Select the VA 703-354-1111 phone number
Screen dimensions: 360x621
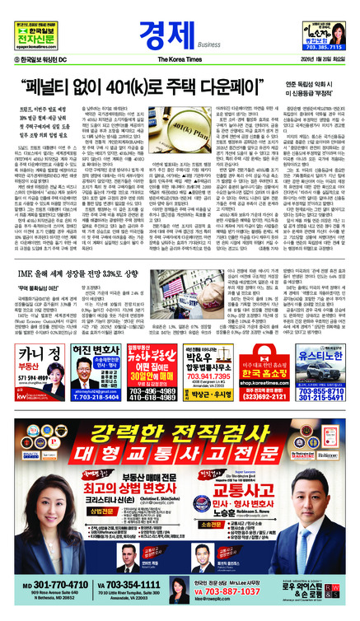[x=130, y=584]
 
